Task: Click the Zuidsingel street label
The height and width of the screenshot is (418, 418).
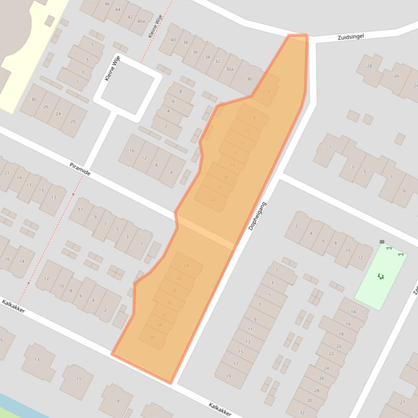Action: tap(350, 36)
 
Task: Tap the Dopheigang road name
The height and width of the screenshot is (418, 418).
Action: tap(258, 216)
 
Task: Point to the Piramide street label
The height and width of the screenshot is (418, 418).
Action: tap(80, 168)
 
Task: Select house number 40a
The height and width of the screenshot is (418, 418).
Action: tap(141, 21)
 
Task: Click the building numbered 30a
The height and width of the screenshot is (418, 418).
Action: tap(230, 69)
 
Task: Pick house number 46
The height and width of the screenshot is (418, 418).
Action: tap(107, 4)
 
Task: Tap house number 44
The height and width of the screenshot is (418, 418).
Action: tap(118, 10)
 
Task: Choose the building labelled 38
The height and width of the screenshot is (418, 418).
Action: tap(185, 42)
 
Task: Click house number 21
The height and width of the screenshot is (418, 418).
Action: tap(7, 173)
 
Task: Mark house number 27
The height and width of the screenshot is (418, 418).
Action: tap(402, 402)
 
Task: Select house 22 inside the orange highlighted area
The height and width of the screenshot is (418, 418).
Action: tap(213, 199)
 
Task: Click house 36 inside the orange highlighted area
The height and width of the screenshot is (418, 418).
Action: tap(152, 337)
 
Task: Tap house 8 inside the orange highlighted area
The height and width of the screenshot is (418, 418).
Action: tap(254, 118)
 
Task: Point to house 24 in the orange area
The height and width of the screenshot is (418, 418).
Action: tap(186, 265)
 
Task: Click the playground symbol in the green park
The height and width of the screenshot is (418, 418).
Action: tap(380, 276)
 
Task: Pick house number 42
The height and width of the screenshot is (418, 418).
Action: tap(129, 16)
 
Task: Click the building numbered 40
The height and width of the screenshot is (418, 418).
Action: tap(173, 39)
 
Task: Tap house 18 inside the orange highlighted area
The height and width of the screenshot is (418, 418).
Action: tap(225, 177)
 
